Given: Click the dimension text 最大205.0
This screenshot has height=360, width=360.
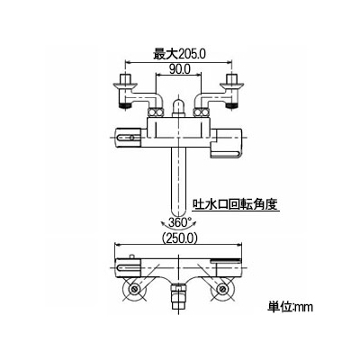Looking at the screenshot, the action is [179, 54].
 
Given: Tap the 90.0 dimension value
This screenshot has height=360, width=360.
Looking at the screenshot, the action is [179, 69].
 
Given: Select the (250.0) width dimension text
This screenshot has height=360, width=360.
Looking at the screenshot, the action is [179, 238].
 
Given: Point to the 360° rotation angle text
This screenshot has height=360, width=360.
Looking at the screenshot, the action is [179, 222].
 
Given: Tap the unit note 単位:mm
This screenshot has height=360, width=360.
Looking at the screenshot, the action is [290, 307].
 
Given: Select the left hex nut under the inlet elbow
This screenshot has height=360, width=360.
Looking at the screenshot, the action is [156, 112].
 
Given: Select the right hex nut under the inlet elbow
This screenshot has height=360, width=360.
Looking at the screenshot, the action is [202, 112].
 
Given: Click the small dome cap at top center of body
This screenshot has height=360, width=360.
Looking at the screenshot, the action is [179, 107].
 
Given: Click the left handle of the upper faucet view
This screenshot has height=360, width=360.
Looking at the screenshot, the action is [129, 138].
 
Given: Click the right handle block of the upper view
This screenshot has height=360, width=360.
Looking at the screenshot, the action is [227, 142].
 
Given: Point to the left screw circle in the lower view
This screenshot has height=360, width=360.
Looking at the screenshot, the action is [134, 289].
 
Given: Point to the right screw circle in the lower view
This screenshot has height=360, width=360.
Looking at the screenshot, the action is [222, 289].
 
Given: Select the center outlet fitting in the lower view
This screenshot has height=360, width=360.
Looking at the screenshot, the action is [178, 298].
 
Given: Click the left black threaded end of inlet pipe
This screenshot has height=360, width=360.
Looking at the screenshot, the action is [125, 105].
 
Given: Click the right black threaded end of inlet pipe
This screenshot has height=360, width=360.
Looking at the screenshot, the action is [231, 105].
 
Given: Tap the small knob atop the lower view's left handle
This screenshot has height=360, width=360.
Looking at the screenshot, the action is [132, 256].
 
